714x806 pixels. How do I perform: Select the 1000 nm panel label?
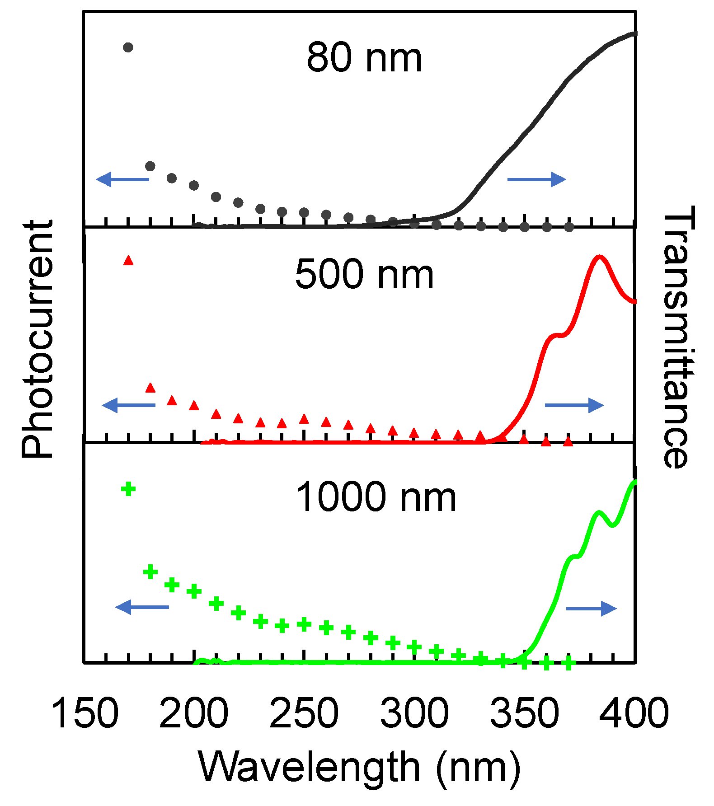(376, 497)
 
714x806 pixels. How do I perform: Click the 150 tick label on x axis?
(85, 713)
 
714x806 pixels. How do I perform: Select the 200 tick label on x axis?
(193, 713)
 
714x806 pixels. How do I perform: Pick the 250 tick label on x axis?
(304, 713)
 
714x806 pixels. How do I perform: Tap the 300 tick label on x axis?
(414, 713)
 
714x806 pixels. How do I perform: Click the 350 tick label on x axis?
(524, 713)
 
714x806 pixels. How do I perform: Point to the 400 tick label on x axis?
(634, 713)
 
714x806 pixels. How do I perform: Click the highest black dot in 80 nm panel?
(128, 47)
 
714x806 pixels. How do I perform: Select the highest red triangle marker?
(128, 260)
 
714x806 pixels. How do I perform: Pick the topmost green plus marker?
(128, 489)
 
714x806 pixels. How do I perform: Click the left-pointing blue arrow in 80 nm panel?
(122, 179)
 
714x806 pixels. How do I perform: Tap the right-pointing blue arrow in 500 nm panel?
(574, 405)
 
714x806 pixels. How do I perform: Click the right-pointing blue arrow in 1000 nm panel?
(591, 609)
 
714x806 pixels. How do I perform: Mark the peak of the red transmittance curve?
(600, 257)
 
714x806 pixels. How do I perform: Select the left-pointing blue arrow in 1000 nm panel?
(142, 607)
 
